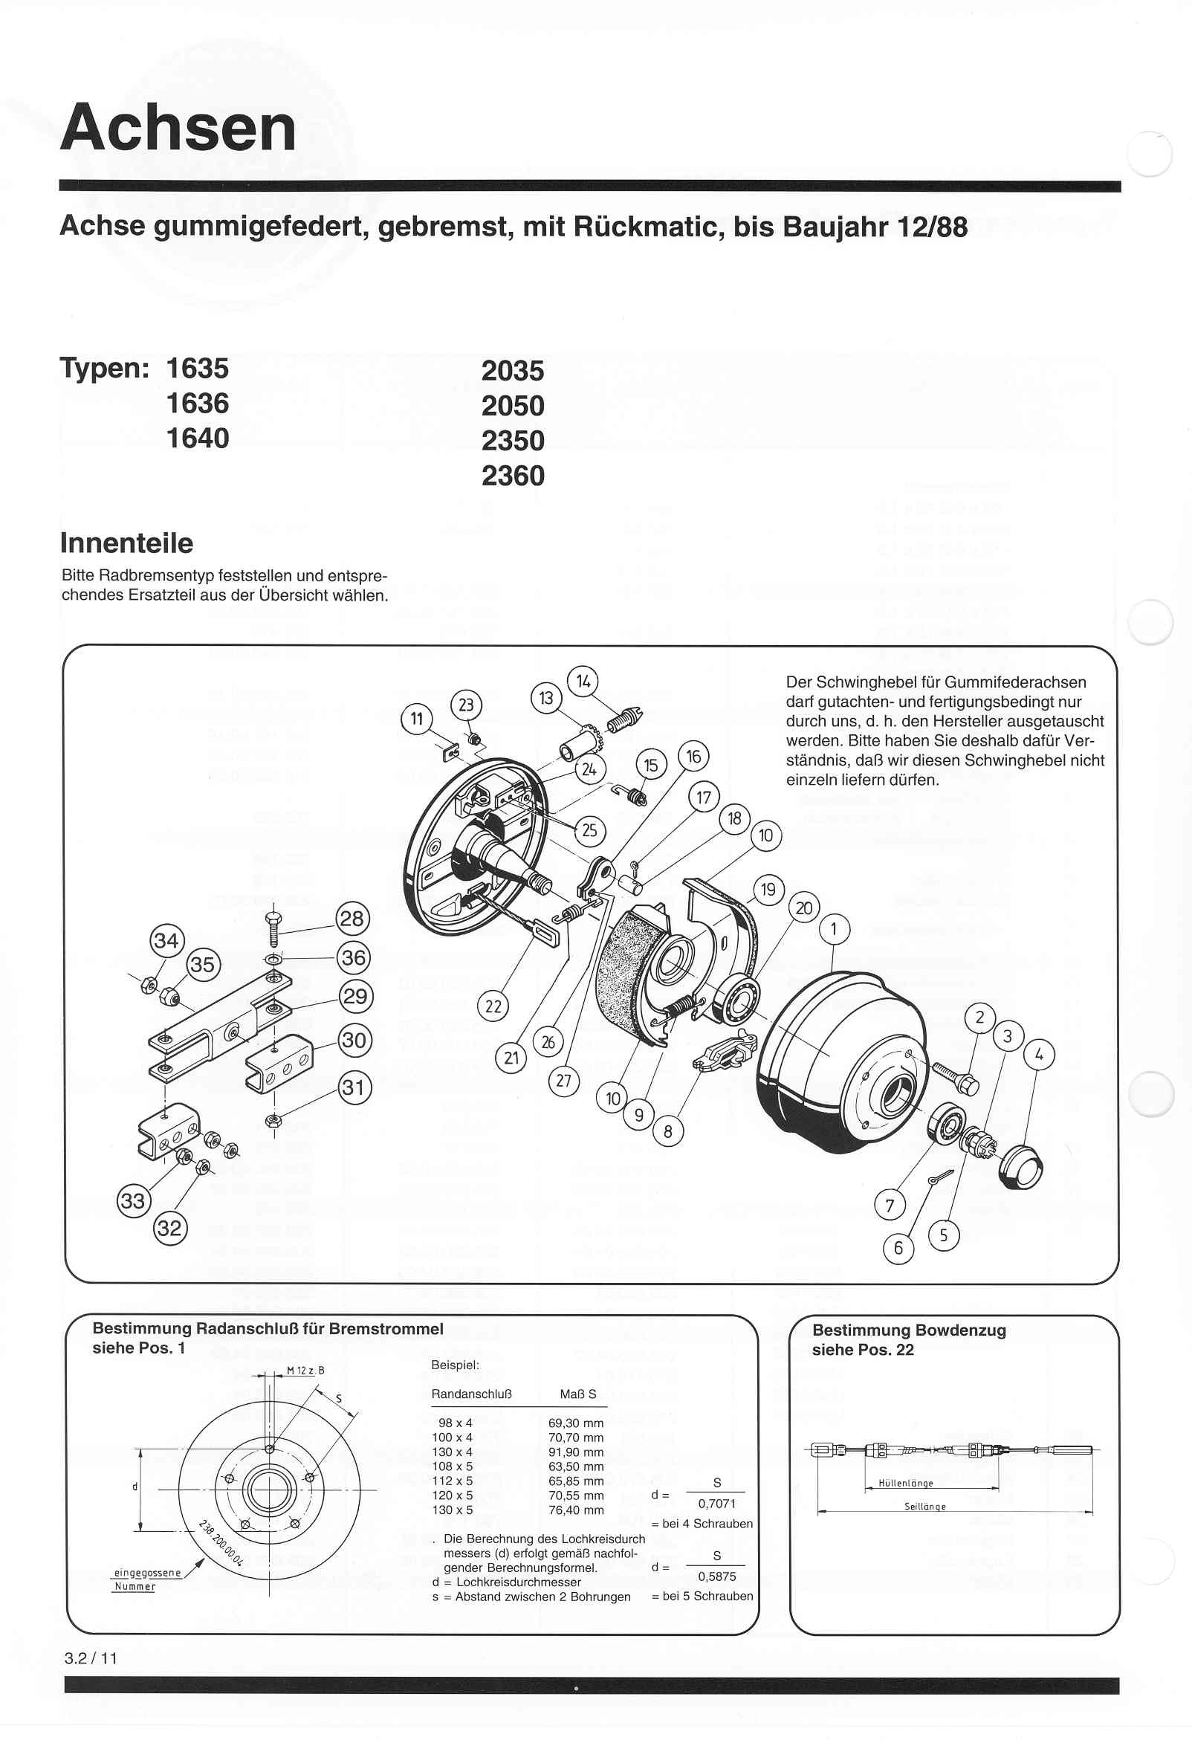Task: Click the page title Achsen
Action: tap(178, 127)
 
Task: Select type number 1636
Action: tap(198, 404)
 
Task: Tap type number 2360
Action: tap(513, 476)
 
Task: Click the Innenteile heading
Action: tap(126, 543)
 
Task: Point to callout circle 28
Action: tap(352, 919)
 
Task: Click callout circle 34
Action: tap(166, 940)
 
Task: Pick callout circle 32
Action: tap(170, 1228)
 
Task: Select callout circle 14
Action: tap(583, 682)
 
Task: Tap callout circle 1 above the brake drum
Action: tap(834, 931)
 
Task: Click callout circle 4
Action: tap(1038, 1055)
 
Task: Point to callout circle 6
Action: tap(898, 1248)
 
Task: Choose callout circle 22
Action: tap(493, 1006)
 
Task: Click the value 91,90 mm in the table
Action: tap(576, 1452)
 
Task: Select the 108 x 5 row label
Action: tap(453, 1466)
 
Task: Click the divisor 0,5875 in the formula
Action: tap(716, 1576)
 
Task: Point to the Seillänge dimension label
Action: tap(924, 1507)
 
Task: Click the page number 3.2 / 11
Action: tap(91, 1657)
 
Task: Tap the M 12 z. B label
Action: tap(305, 1371)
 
